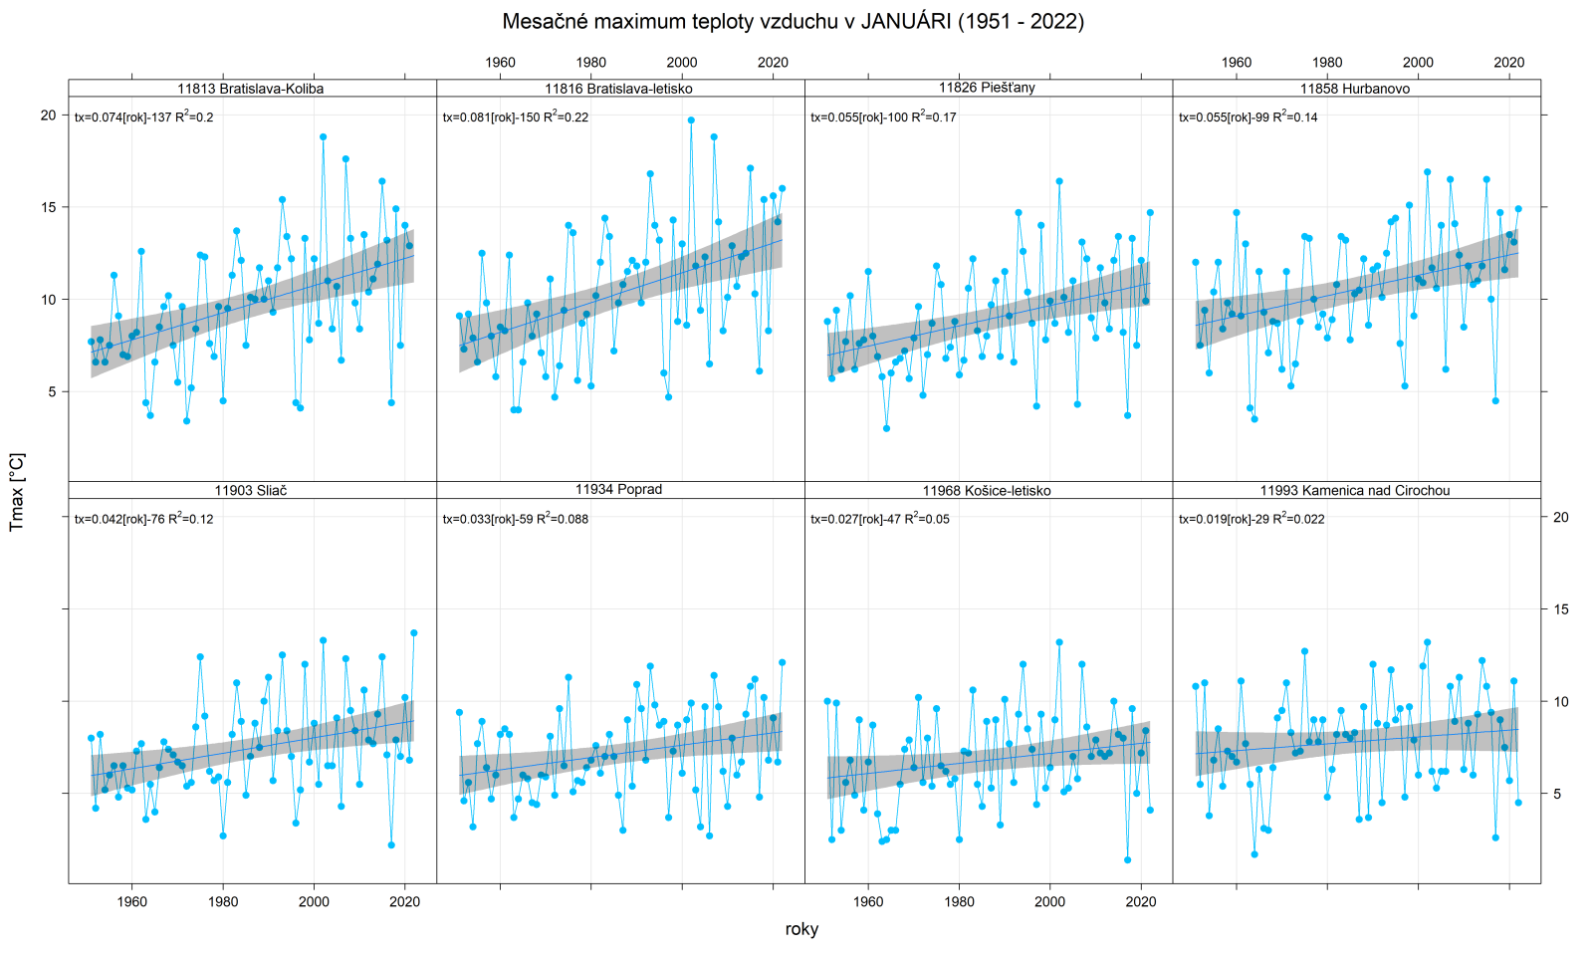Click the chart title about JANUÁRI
click(793, 21)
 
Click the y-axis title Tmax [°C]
click(17, 492)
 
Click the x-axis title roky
click(801, 929)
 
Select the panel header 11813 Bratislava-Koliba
click(251, 89)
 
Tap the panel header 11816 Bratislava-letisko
click(618, 89)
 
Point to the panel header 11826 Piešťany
click(987, 88)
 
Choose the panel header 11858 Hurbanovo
click(1354, 89)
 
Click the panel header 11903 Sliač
click(251, 490)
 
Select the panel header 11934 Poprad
click(618, 489)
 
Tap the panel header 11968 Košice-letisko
click(987, 490)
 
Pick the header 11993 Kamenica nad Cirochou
click(1354, 490)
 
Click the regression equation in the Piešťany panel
click(883, 117)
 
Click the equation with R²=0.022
click(1252, 518)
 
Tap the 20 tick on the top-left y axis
click(48, 116)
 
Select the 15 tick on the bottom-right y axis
click(1560, 609)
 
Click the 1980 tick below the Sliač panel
click(223, 902)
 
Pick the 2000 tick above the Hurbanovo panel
click(1418, 62)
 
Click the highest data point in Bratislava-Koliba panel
click(323, 137)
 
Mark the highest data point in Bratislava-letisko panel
click(691, 120)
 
